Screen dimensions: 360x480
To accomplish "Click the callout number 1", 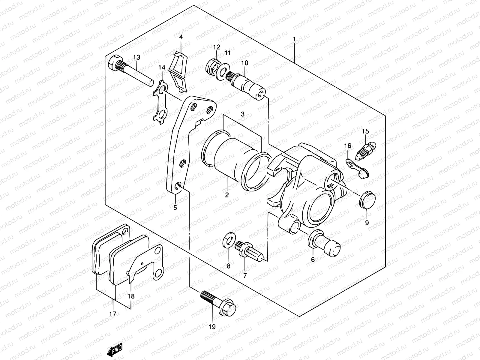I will tap(294, 39).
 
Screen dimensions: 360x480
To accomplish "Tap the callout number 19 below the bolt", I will tap(212, 327).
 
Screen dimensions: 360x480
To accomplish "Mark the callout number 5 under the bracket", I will tap(175, 207).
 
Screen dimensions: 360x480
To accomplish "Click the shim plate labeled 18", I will tap(144, 264).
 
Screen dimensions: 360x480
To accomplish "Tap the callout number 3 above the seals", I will tap(243, 114).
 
